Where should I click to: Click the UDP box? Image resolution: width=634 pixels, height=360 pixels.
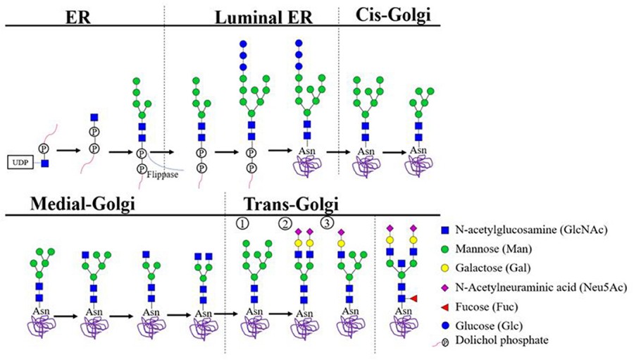point(21,163)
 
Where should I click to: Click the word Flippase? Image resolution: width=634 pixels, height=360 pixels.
point(163,175)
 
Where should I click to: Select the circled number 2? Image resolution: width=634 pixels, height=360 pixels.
point(284,223)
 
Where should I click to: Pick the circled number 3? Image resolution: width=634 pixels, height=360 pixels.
point(327,223)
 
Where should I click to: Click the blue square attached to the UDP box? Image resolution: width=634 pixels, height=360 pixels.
point(44,163)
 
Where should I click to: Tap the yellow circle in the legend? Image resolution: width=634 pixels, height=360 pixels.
point(446,268)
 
